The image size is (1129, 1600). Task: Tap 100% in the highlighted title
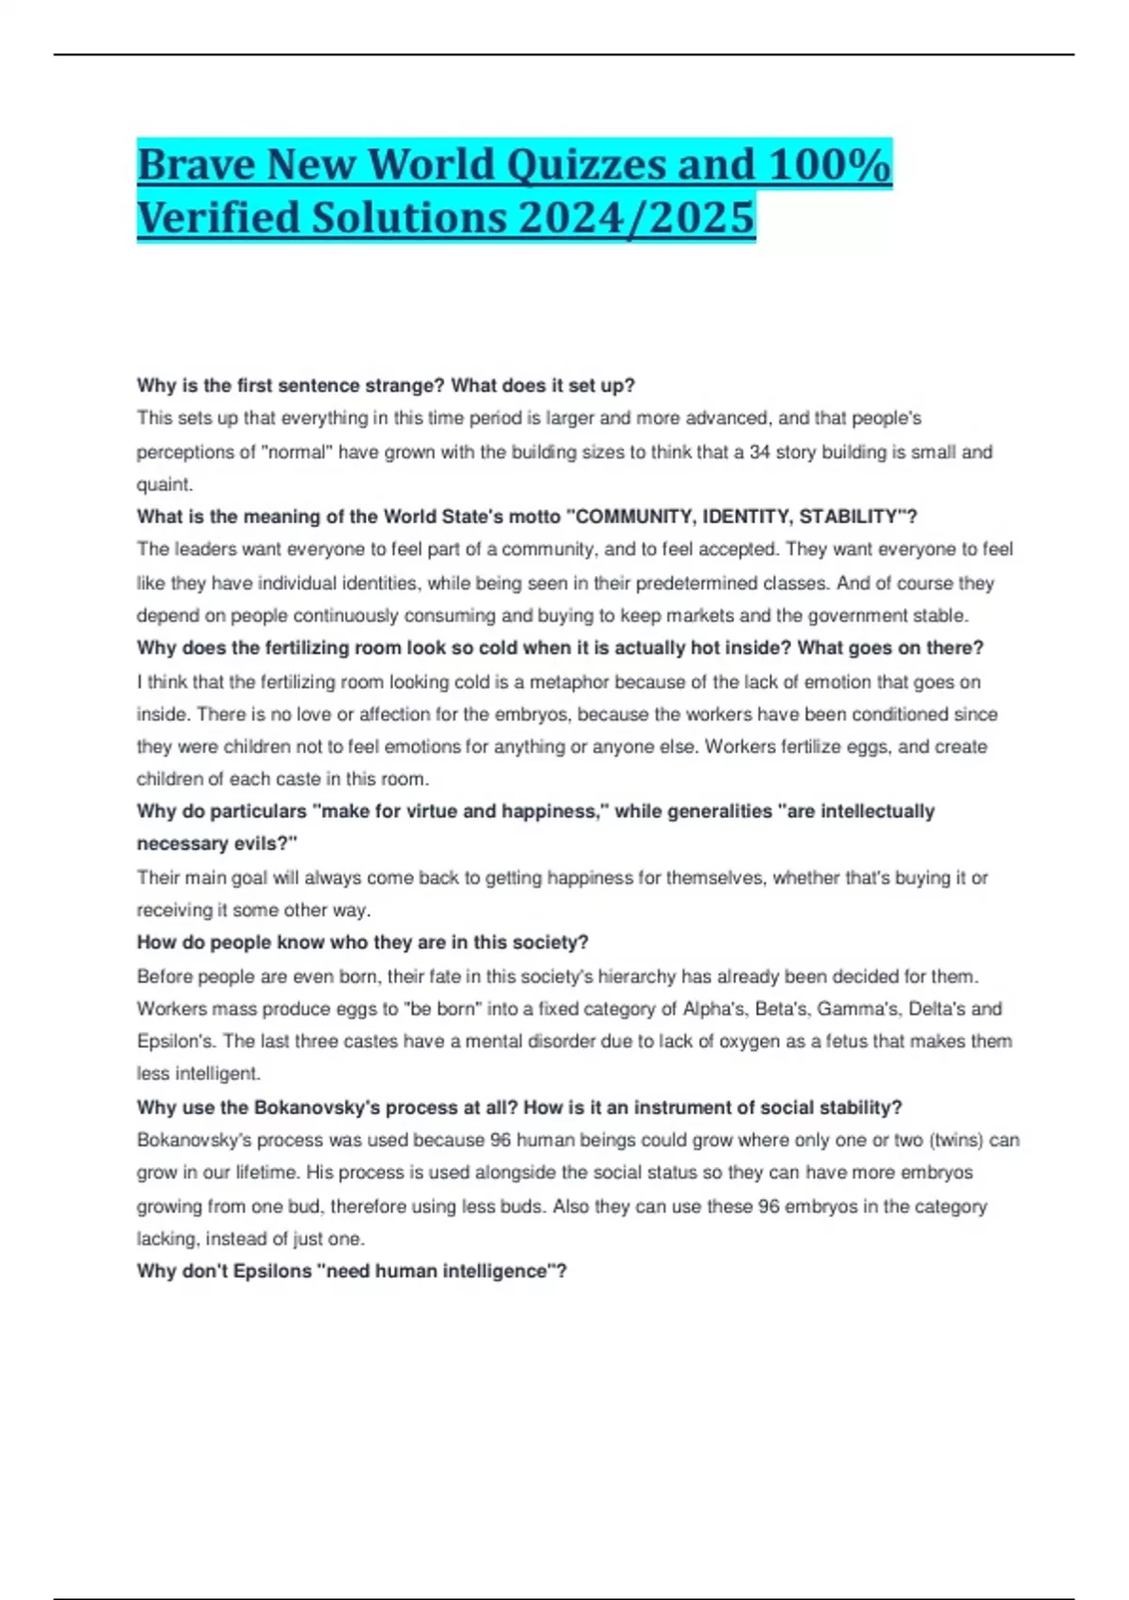click(x=829, y=166)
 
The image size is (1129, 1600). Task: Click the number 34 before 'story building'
click(x=760, y=453)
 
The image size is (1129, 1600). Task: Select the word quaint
click(x=165, y=485)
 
